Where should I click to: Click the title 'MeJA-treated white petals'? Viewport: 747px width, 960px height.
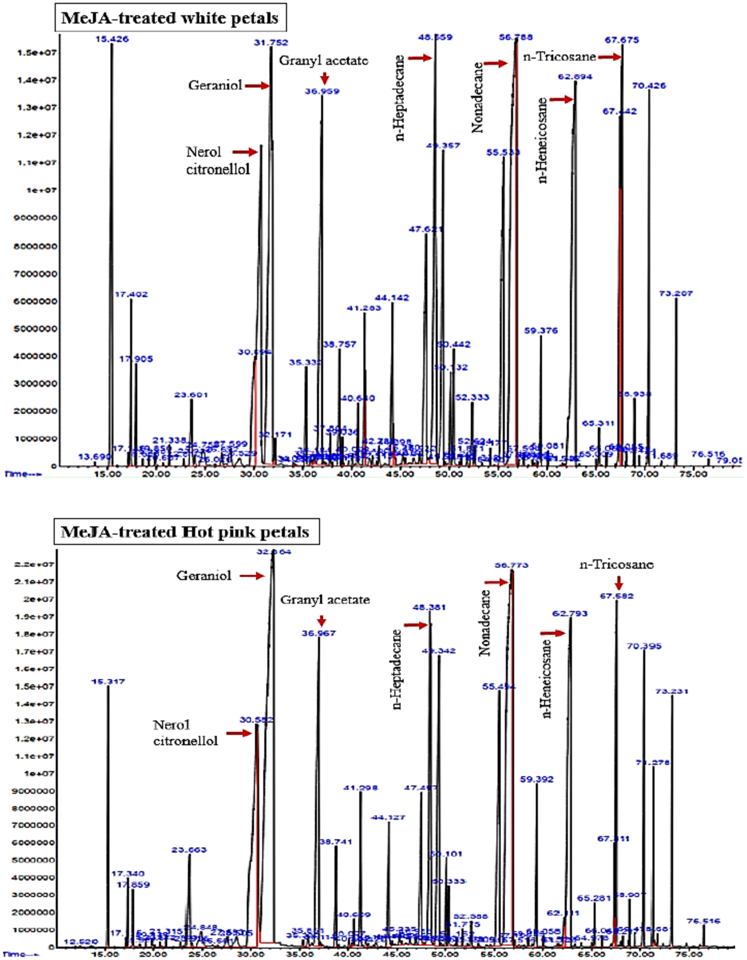(169, 18)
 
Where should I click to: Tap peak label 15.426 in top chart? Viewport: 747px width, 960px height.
(112, 39)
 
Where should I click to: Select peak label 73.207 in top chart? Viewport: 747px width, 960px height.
(676, 294)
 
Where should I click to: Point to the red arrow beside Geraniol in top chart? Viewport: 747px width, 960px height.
(257, 85)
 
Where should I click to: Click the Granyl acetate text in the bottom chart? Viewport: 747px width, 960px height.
(325, 600)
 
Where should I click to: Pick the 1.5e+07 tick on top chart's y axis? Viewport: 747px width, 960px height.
(37, 53)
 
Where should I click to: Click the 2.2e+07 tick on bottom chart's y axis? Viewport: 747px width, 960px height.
(35, 564)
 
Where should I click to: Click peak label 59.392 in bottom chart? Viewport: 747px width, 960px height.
(537, 779)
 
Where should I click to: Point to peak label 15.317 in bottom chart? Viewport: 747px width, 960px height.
(108, 681)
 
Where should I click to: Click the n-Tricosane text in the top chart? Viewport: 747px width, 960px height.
(559, 57)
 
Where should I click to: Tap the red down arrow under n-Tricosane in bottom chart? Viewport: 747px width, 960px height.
(618, 583)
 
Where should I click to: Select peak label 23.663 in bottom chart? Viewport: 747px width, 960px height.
(189, 850)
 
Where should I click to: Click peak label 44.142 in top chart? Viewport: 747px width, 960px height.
(392, 298)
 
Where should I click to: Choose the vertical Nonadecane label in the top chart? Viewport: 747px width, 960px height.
(477, 98)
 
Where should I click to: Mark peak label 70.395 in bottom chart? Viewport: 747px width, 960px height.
(644, 646)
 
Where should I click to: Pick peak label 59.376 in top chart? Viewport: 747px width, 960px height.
(541, 330)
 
